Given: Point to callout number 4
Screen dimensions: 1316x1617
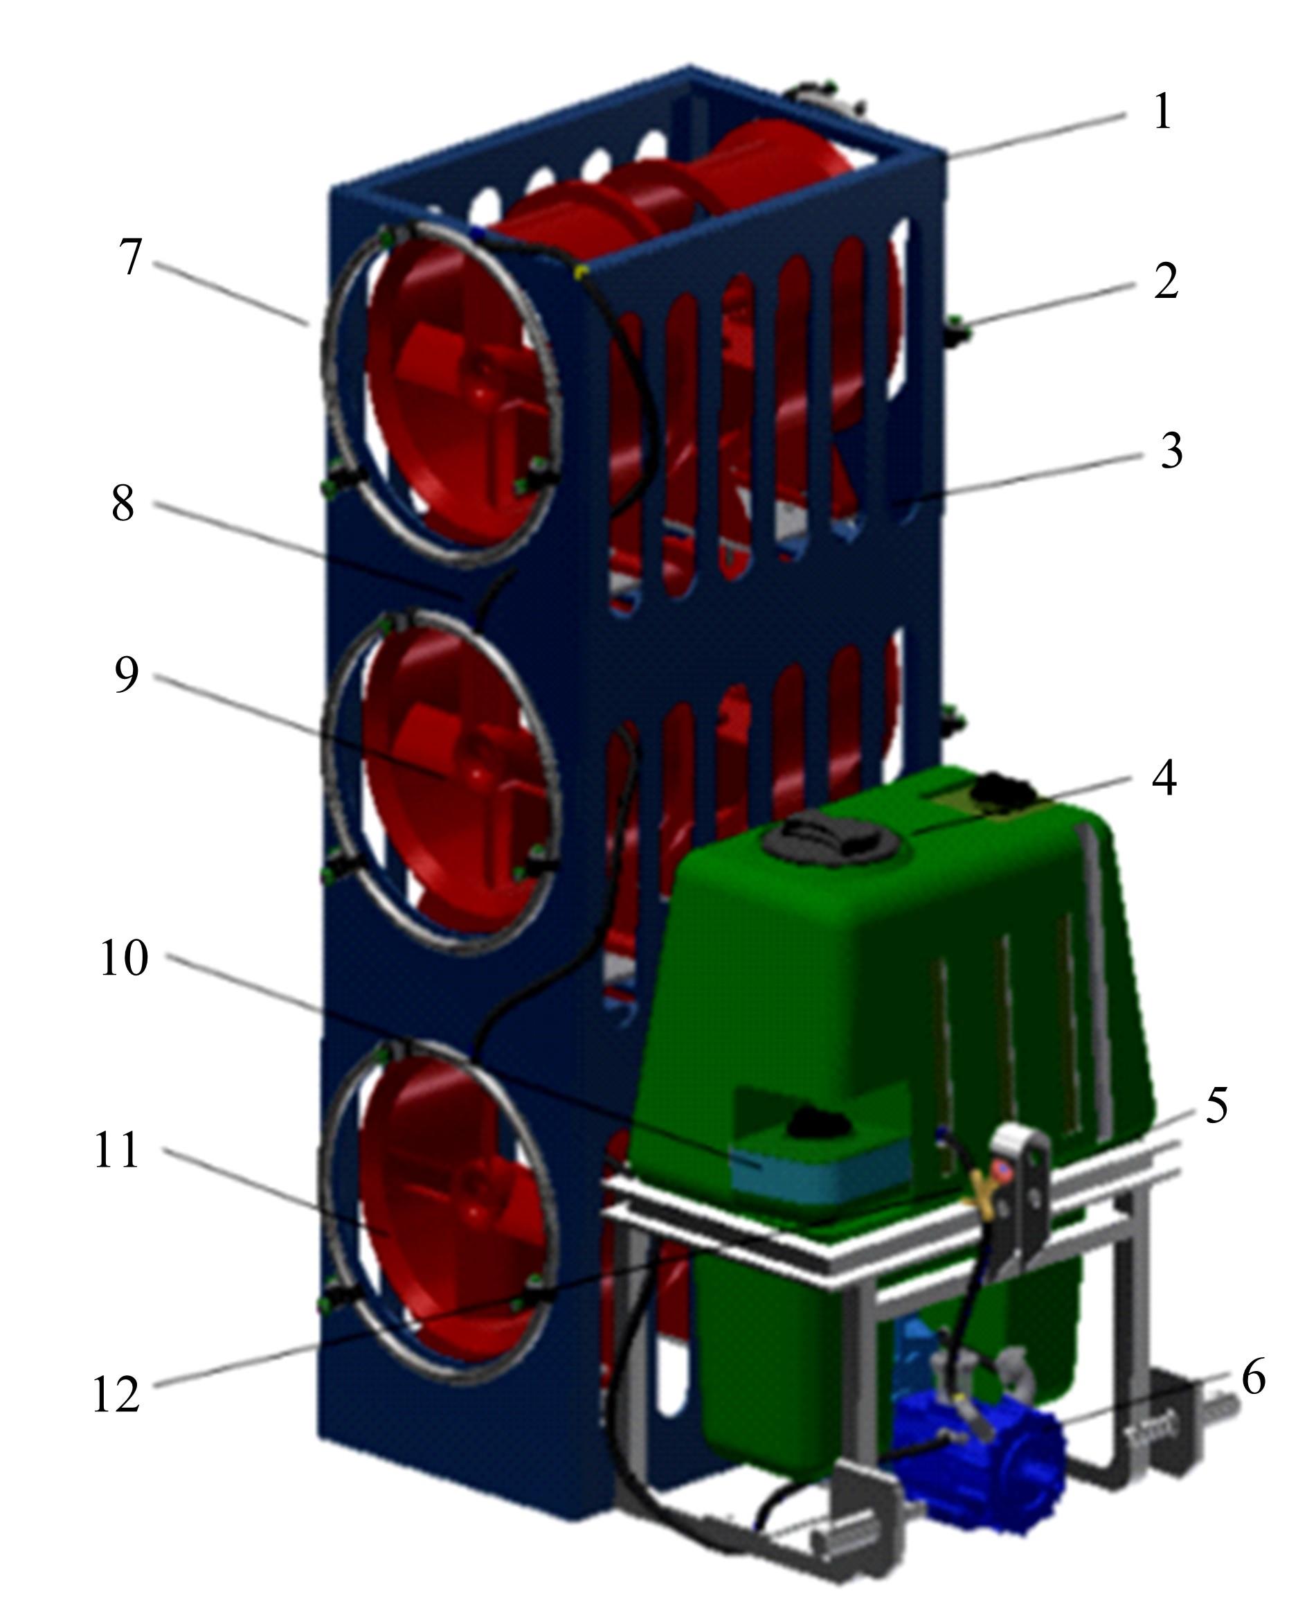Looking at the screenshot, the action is tap(1164, 777).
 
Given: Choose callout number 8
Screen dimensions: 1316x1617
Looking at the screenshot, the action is tap(123, 502).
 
